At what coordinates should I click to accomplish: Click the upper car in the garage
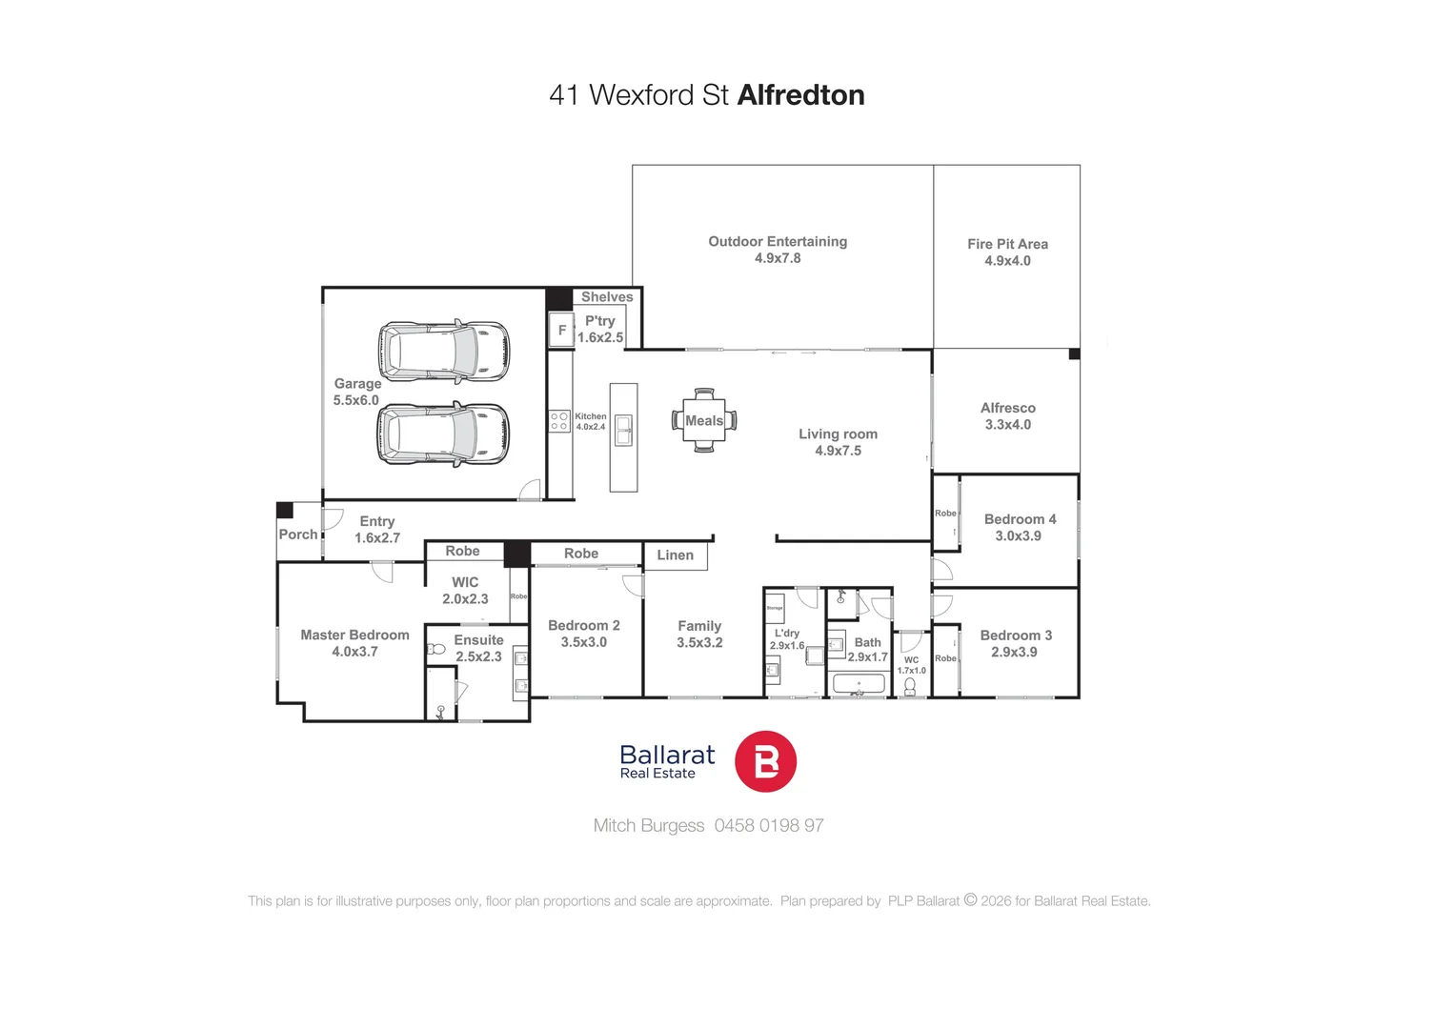(444, 351)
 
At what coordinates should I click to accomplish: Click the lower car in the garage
(443, 434)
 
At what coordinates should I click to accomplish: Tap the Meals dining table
(704, 420)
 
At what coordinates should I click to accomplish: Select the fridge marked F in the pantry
(561, 330)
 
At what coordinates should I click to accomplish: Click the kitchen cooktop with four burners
(559, 421)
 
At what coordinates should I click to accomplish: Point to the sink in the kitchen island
(623, 430)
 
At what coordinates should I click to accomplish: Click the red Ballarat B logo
(765, 761)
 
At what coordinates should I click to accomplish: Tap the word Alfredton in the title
(800, 95)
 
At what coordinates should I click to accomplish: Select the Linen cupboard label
(675, 555)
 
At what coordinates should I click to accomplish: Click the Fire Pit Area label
(1007, 244)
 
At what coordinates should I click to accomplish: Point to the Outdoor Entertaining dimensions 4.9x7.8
(778, 258)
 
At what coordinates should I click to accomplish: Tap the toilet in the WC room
(910, 686)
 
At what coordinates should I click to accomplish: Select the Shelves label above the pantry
(607, 297)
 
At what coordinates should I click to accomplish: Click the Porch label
(298, 535)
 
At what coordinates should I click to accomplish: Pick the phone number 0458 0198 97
(769, 826)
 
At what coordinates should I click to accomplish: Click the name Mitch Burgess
(648, 826)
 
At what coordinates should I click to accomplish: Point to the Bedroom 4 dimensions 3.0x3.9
(1018, 536)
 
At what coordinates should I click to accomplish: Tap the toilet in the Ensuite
(436, 649)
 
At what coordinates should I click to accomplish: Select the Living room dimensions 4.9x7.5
(838, 451)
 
